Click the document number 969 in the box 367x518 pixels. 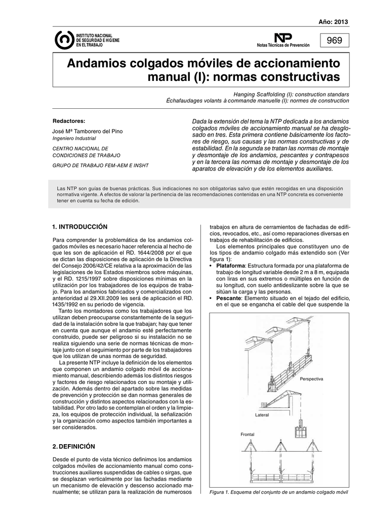335,40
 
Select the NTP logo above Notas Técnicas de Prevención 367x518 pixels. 280,37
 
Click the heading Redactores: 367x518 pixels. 69,121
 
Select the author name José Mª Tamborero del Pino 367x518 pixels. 88,132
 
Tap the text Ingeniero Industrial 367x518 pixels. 74,138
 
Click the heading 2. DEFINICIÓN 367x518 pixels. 74,447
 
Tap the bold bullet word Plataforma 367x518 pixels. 230,266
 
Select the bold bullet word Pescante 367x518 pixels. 228,298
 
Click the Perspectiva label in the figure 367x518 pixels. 311,379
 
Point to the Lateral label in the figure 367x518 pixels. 262,415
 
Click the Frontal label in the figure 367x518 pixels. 248,435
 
